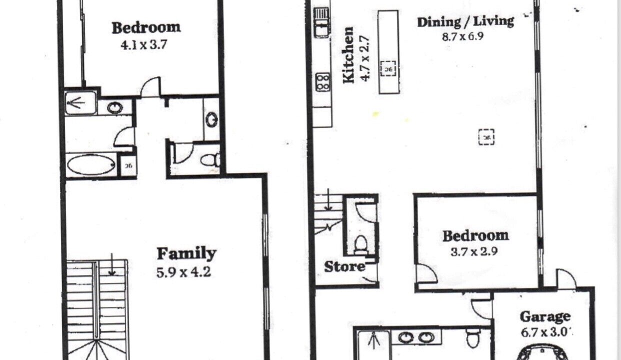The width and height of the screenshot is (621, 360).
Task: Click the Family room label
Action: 186,253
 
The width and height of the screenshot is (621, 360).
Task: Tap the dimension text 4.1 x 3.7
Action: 144,44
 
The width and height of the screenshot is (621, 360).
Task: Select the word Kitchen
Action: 348,55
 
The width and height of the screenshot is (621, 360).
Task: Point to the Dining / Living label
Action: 465,22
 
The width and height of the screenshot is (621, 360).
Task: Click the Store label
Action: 344,266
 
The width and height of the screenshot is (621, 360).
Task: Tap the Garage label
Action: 545,317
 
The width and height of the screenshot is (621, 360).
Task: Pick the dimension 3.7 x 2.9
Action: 474,252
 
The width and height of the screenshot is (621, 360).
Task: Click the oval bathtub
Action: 91,165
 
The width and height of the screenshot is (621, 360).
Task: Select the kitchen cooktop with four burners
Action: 323,82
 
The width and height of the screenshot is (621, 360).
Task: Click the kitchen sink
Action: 321,22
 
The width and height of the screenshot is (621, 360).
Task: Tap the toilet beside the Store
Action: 360,244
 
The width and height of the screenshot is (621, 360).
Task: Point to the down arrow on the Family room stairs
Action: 111,264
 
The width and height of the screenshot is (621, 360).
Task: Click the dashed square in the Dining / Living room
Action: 486,137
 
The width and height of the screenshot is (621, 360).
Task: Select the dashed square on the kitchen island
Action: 388,68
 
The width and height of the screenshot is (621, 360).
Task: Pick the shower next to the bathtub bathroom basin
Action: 80,103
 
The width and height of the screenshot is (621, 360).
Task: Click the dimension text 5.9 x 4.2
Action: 183,272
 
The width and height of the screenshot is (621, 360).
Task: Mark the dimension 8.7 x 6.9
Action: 462,36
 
